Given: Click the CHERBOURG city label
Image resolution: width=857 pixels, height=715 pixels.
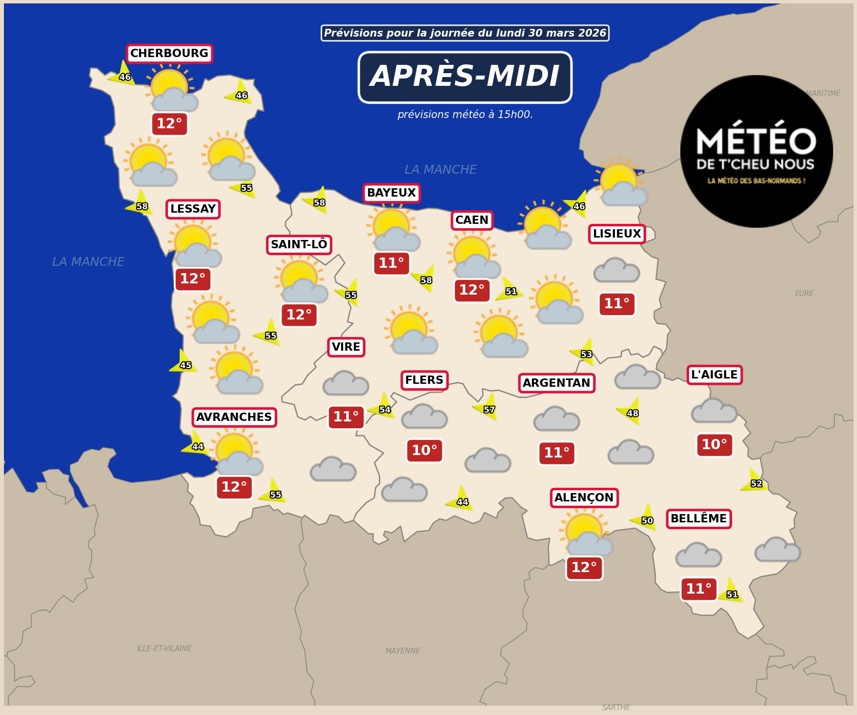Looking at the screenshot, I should pos(169,54).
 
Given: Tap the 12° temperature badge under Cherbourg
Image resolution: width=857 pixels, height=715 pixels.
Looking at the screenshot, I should pos(169,124).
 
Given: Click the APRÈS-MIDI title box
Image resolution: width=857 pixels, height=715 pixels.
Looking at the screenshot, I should pos(465,77).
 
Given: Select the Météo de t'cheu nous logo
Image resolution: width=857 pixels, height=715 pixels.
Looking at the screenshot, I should pos(756,151).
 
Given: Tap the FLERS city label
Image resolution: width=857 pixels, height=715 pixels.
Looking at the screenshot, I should pos(424,380).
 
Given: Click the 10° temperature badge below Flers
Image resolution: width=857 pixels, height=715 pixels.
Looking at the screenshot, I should pos(424,451).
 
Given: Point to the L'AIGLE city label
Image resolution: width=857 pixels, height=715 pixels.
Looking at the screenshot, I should pos(714,375).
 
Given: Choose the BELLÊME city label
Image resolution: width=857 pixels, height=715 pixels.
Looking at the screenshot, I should pos(698,519).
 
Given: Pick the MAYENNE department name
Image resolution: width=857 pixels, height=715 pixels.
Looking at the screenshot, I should pos(403,651).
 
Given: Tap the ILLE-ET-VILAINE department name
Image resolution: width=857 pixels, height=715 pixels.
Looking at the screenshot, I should pos(164,649).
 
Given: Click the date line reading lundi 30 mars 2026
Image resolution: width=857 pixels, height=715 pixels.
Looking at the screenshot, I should pos(465,33).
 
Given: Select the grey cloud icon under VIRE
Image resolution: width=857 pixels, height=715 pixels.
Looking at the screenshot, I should pos(346,384).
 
